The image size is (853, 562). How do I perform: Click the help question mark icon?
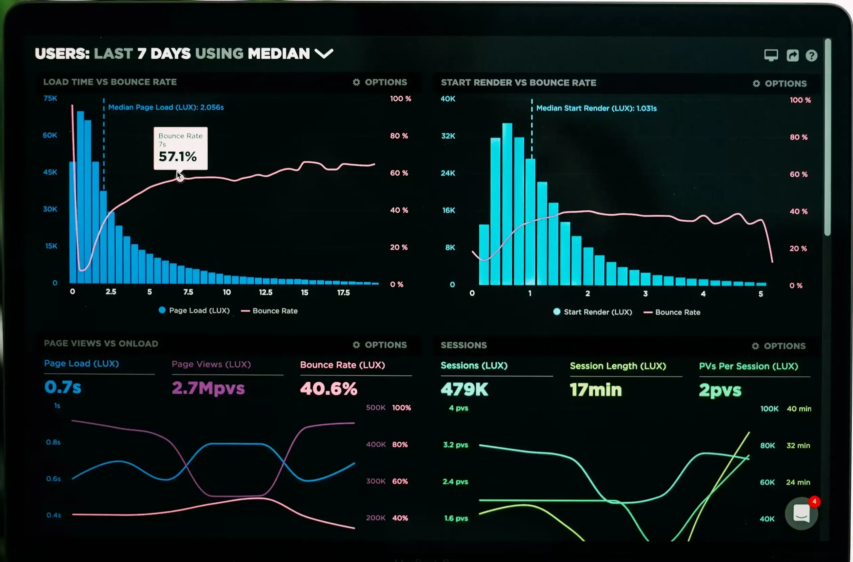pyautogui.click(x=811, y=56)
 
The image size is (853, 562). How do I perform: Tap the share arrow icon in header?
pyautogui.click(x=792, y=56)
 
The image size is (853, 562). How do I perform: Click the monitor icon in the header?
pyautogui.click(x=771, y=55)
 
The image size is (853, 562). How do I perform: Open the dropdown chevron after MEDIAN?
pyautogui.click(x=324, y=54)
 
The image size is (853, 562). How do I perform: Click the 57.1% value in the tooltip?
pyautogui.click(x=177, y=156)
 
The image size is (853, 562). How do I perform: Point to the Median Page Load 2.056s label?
pyautogui.click(x=166, y=107)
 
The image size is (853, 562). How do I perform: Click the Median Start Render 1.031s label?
pyautogui.click(x=596, y=108)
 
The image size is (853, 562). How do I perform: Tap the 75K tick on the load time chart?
pyautogui.click(x=50, y=98)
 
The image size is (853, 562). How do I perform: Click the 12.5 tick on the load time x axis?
pyautogui.click(x=265, y=293)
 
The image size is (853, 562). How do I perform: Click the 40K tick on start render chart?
pyautogui.click(x=448, y=99)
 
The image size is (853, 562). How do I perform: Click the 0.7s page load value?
pyautogui.click(x=63, y=387)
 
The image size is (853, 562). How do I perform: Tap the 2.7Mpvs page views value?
pyautogui.click(x=208, y=388)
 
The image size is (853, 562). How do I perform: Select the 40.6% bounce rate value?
pyautogui.click(x=329, y=388)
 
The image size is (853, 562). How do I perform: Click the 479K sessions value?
pyautogui.click(x=464, y=389)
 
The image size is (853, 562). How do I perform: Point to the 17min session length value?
pyautogui.click(x=596, y=389)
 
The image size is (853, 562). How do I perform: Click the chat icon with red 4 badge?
pyautogui.click(x=801, y=514)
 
